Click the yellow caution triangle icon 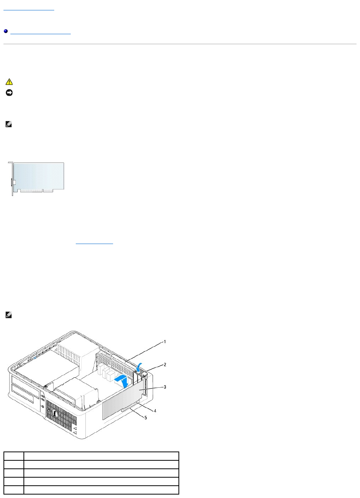tap(9, 82)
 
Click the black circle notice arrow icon tap(9, 93)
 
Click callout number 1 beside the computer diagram tap(165, 341)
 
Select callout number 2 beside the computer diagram tap(165, 364)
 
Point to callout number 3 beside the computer tap(165, 387)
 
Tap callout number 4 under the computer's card tap(155, 410)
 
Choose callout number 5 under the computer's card tap(145, 418)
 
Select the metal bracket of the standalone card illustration tap(12, 179)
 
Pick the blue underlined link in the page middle tap(95, 243)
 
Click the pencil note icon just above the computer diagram tap(9, 315)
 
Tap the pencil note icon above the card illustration tap(9, 124)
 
